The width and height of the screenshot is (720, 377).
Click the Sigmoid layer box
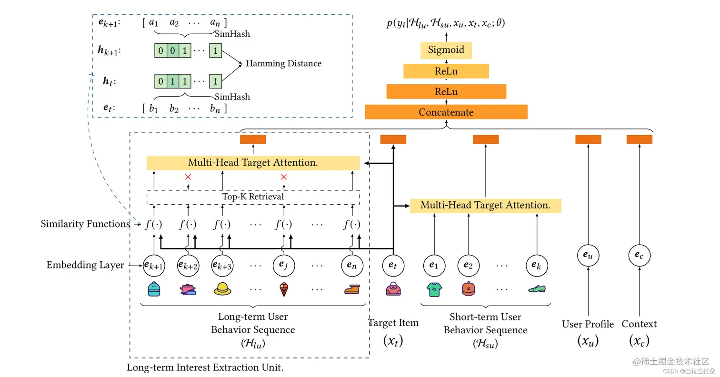446,50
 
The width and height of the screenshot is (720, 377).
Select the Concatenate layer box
446,112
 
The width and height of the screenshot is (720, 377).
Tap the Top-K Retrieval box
253,197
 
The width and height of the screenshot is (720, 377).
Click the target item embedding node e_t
393,266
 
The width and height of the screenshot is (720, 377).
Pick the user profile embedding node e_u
588,255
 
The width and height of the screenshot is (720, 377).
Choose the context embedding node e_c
640,255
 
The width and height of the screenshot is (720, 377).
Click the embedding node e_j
283,266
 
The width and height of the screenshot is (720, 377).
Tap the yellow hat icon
222,289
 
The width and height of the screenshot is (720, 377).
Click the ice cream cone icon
284,289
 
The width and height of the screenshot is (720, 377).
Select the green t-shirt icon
434,289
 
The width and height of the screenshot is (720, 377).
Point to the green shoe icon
537,288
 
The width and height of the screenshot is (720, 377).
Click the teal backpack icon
154,289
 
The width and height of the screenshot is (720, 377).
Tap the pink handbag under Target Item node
393,288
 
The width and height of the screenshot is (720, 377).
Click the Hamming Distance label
283,63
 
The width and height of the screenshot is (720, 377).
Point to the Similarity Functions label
85,224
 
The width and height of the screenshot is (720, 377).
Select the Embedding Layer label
85,265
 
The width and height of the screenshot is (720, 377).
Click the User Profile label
588,324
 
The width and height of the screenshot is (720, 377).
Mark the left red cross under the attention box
188,177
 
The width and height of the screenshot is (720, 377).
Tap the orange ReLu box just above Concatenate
446,91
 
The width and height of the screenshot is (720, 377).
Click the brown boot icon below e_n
352,289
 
